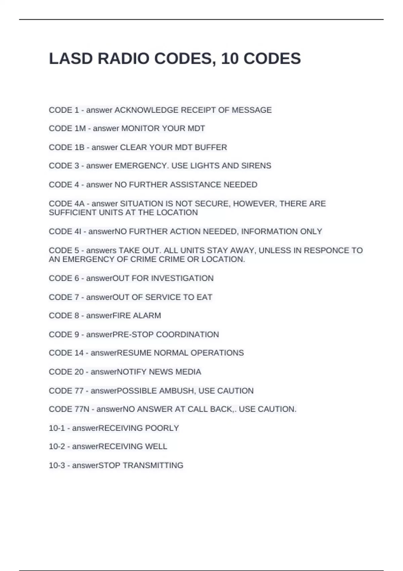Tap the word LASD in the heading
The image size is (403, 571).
[x=71, y=59]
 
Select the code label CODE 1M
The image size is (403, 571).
[x=67, y=129]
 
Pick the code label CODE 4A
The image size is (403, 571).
[x=66, y=204]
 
